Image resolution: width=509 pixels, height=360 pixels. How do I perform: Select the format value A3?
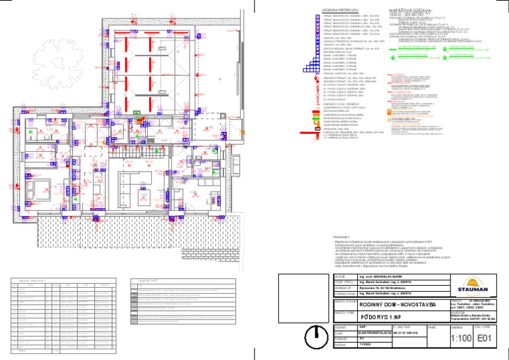tap(359, 339)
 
